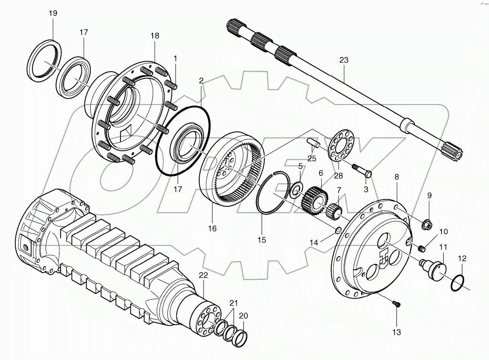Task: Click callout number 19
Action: [x=53, y=13]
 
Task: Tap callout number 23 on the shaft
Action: [x=343, y=60]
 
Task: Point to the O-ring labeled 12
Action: [x=458, y=283]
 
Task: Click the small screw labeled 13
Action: [x=396, y=303]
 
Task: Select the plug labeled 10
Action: [x=421, y=249]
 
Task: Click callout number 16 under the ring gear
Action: [x=212, y=228]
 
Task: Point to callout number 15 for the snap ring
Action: [x=261, y=240]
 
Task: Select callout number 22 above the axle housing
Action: [x=204, y=276]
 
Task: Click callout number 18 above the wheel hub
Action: [x=155, y=36]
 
